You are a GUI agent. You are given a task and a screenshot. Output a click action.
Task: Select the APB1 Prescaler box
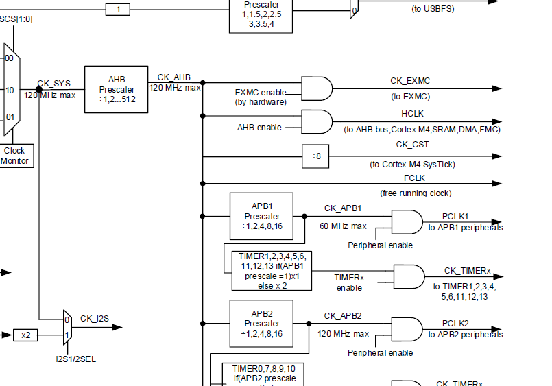coord(261,216)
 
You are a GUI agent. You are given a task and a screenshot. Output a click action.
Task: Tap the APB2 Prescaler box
coord(261,324)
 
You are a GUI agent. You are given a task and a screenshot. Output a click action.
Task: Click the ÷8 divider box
coord(316,156)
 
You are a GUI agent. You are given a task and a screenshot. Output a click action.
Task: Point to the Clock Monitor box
coord(14,156)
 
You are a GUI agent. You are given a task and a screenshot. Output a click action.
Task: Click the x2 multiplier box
coord(26,335)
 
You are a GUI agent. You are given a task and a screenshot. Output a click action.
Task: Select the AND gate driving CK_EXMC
coord(316,88)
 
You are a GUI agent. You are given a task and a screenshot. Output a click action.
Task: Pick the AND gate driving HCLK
coord(316,122)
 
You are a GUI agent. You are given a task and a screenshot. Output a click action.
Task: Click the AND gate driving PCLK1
coord(406,221)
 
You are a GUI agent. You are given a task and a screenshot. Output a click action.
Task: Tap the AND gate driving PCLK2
coord(406,328)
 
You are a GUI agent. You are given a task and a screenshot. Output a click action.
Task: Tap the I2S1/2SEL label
coord(76,358)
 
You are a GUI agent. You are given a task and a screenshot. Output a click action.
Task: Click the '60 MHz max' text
coord(344,226)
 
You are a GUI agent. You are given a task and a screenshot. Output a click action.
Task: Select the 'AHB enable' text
coord(259,127)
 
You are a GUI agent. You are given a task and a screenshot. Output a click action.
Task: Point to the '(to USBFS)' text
coord(432,9)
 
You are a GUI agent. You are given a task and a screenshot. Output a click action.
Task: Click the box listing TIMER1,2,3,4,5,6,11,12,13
coord(267,270)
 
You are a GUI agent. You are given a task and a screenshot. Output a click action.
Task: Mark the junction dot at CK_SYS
coord(39,89)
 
